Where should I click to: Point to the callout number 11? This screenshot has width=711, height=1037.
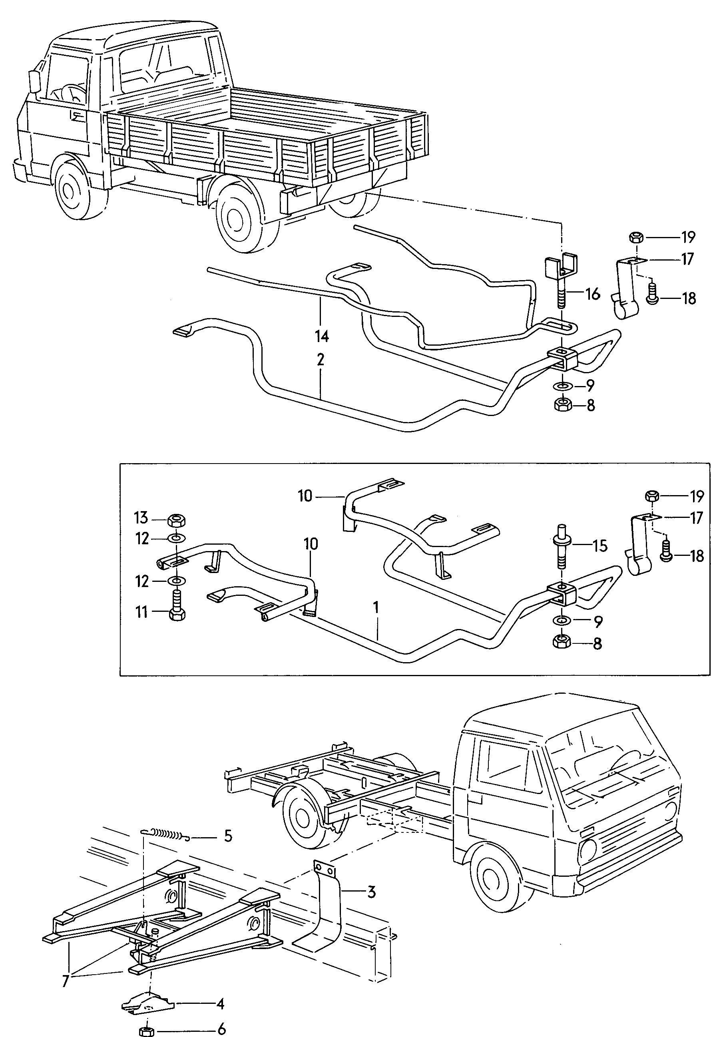coord(141,612)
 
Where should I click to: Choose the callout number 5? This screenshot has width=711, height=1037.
coord(228,836)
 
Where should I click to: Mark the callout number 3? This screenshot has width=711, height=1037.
coord(371,904)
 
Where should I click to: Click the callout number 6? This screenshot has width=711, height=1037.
coord(221,1029)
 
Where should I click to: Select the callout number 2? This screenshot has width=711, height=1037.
coord(321,360)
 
